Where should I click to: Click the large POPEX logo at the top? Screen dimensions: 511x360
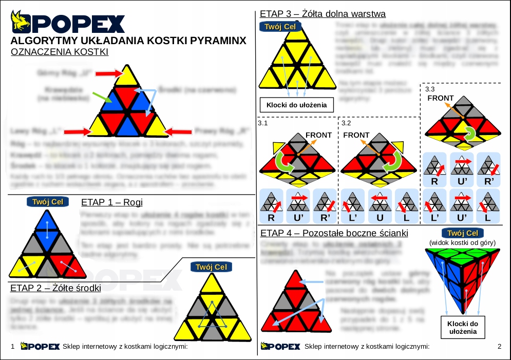tap(68, 23)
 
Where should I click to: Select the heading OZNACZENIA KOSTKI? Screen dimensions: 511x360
tap(60, 52)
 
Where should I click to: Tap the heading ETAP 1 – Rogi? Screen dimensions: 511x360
tap(112, 202)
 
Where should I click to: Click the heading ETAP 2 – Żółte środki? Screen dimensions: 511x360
tap(55, 288)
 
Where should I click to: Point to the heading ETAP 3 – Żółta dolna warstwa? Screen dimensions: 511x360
tap(323, 13)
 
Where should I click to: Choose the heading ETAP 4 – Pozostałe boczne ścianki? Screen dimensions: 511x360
tap(334, 233)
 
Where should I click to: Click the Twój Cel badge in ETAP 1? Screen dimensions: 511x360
tap(47, 202)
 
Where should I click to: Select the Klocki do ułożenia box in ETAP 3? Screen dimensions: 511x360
tap(296, 106)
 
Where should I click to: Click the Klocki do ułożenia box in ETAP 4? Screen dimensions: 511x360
tap(463, 328)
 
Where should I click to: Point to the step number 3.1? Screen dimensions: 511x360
tap(263, 123)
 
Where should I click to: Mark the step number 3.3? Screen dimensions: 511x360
tap(430, 88)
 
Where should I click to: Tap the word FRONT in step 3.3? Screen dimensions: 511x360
tap(440, 98)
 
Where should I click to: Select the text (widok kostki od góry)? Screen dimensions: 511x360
tap(463, 242)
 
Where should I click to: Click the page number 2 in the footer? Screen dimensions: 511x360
tap(499, 346)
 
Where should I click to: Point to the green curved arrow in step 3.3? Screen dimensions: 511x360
tap(469, 134)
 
